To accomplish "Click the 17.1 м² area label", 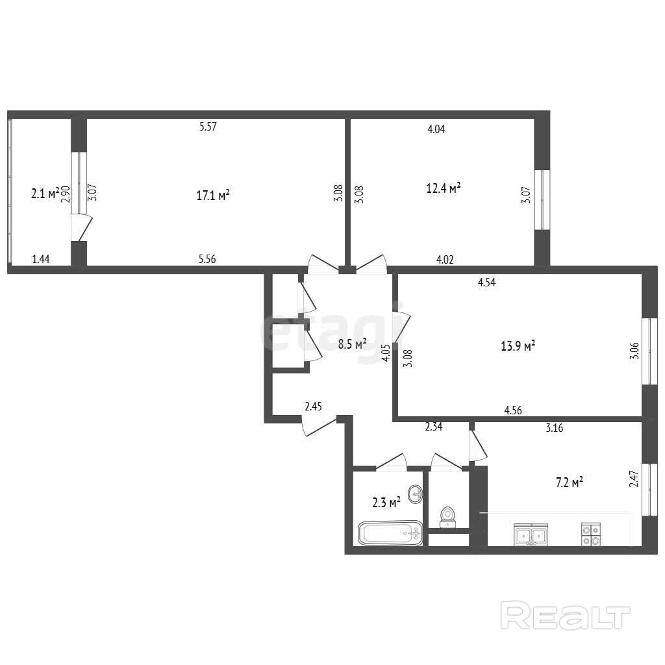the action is [213, 195].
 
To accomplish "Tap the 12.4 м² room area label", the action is [443, 188].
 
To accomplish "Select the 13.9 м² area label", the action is [518, 345].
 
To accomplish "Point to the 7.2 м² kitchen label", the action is [569, 483].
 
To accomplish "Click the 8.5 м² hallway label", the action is [352, 344].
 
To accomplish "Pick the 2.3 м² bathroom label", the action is [386, 503].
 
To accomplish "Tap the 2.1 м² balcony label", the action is [45, 194].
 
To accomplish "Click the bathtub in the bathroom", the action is [390, 533].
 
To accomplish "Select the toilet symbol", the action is [447, 517].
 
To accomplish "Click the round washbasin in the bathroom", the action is [415, 494].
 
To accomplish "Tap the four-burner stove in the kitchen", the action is [591, 534].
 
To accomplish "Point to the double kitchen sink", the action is [531, 534].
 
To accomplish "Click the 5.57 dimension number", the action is [208, 127].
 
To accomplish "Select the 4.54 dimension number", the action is [486, 282].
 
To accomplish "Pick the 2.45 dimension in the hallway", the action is [314, 407].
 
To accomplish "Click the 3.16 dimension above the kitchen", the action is [555, 428].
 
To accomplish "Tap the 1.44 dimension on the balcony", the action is [41, 258].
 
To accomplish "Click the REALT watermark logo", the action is [566, 616].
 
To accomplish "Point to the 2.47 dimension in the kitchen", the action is [634, 479].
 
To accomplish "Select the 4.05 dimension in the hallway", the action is [386, 353].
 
